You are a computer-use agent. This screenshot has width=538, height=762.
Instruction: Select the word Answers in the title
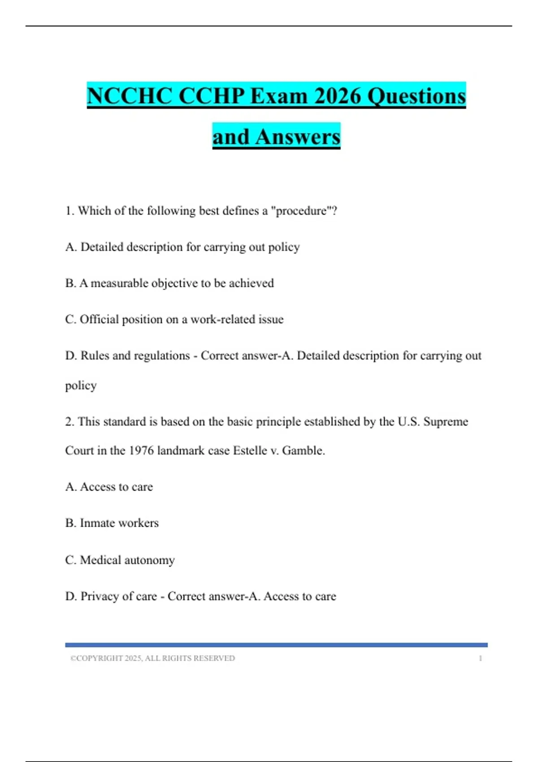[298, 137]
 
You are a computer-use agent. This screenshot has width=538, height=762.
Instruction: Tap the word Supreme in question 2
[446, 421]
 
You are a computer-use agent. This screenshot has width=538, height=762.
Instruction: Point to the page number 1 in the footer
[480, 658]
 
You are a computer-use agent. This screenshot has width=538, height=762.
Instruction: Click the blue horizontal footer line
[276, 645]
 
